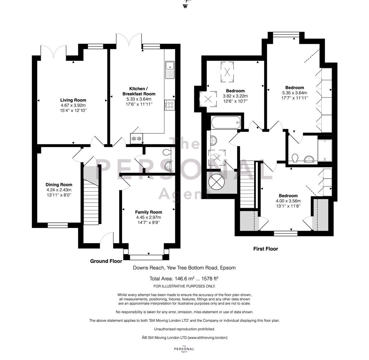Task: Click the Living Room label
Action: [73, 100]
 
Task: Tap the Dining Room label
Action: [59, 185]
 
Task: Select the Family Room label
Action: [148, 212]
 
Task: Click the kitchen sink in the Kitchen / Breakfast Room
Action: [169, 70]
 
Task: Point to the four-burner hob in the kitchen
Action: [169, 105]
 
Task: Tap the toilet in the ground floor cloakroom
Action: [166, 152]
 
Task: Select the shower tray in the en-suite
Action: [325, 150]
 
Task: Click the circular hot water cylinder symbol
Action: [217, 182]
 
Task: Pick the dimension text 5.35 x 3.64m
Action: [295, 93]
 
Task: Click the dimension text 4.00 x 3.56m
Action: [288, 201]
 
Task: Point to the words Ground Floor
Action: [106, 261]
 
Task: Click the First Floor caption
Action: [266, 249]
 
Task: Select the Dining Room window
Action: [58, 225]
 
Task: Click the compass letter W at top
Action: [185, 7]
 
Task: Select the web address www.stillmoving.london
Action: [208, 338]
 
